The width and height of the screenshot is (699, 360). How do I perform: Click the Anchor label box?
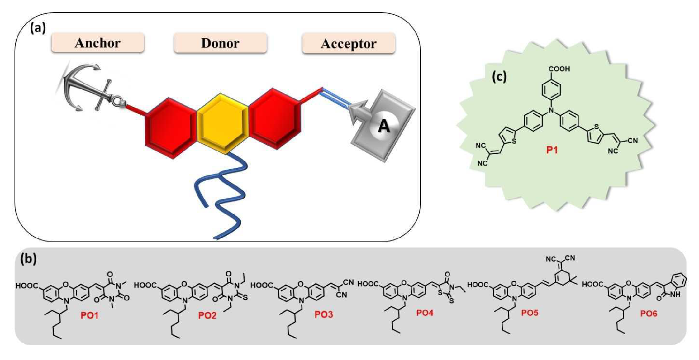[97, 43]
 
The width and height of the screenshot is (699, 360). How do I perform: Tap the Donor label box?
[220, 43]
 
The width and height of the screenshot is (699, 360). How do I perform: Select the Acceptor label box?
[348, 44]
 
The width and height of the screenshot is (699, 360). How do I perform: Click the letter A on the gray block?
[384, 127]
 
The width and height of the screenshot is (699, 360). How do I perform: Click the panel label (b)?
[28, 259]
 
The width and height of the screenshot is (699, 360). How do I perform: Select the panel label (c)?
[499, 76]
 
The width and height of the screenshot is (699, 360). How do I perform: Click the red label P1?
[552, 150]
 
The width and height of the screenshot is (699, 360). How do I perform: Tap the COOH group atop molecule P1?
[559, 69]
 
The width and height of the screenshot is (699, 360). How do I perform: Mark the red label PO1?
[89, 315]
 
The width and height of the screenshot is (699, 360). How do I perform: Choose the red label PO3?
[324, 314]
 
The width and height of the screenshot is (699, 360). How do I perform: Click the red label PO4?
[425, 313]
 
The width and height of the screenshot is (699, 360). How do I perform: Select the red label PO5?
[530, 313]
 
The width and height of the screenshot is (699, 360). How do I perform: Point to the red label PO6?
[649, 313]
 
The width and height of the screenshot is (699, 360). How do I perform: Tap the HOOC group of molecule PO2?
[145, 285]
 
